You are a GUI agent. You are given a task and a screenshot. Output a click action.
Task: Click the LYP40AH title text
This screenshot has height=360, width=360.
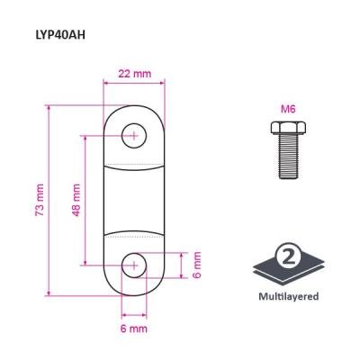tap(60, 35)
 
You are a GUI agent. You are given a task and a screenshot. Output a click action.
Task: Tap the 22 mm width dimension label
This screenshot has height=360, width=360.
tap(135, 74)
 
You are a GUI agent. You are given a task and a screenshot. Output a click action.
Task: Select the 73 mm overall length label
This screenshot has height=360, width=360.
tap(40, 200)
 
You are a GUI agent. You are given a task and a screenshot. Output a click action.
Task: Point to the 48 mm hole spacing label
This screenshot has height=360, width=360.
tap(76, 200)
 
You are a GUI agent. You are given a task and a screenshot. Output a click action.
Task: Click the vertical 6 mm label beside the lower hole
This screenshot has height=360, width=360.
tap(197, 265)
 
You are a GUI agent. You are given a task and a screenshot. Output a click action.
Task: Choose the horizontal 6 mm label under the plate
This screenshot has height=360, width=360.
tap(134, 328)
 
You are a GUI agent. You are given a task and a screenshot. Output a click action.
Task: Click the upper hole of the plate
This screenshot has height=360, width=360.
tap(134, 136)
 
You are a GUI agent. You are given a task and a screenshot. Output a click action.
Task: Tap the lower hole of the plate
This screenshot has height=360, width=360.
tap(134, 265)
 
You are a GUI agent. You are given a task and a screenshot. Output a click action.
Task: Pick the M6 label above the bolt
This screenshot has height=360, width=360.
tap(288, 109)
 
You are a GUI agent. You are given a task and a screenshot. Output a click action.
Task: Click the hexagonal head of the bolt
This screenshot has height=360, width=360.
tap(288, 128)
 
